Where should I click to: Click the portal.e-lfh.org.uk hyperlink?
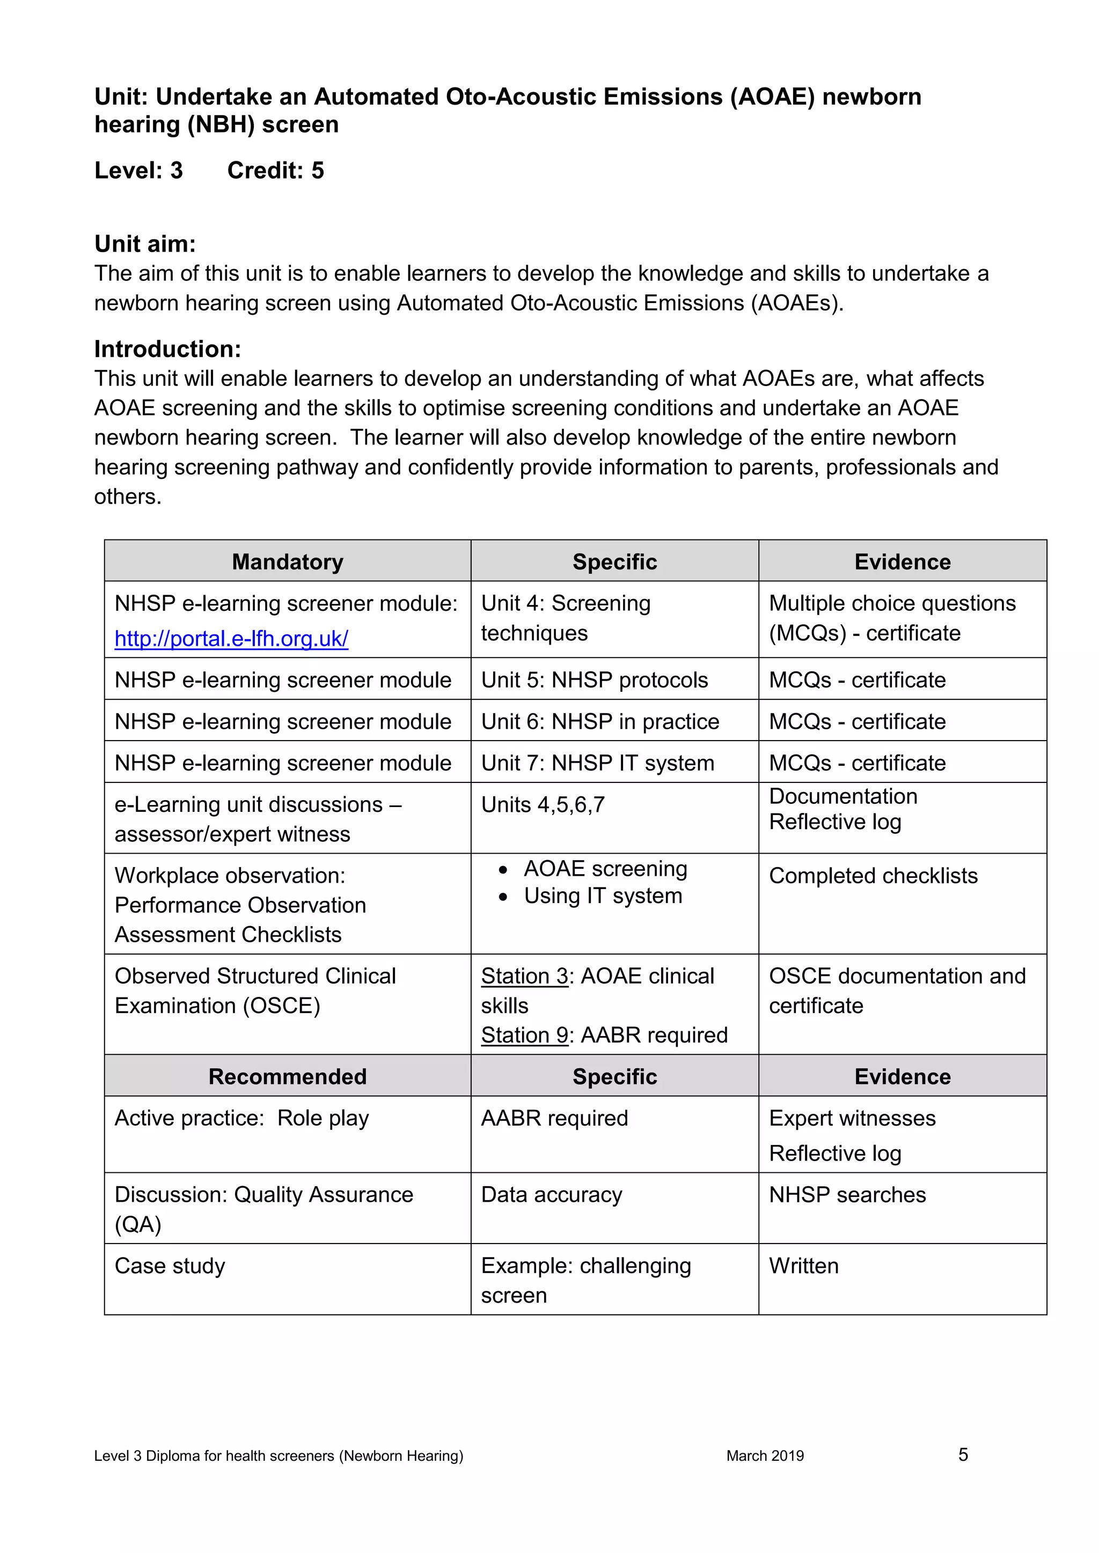tap(231, 639)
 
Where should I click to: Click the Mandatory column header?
tap(287, 562)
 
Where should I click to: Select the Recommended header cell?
tap(287, 1076)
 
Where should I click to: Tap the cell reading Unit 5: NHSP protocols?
tap(594, 680)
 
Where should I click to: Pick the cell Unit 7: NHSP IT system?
tap(598, 763)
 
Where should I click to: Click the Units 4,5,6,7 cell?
tap(543, 805)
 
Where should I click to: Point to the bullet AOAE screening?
tap(605, 869)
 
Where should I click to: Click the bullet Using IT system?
tap(602, 896)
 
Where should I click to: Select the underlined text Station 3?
tap(524, 976)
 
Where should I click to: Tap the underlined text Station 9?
tap(524, 1035)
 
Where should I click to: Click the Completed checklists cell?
tap(873, 876)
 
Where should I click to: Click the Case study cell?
tap(170, 1266)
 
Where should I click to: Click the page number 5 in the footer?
tap(963, 1454)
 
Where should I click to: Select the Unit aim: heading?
tap(145, 243)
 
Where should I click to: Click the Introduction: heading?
tap(167, 349)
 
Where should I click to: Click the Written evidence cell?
tap(803, 1266)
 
